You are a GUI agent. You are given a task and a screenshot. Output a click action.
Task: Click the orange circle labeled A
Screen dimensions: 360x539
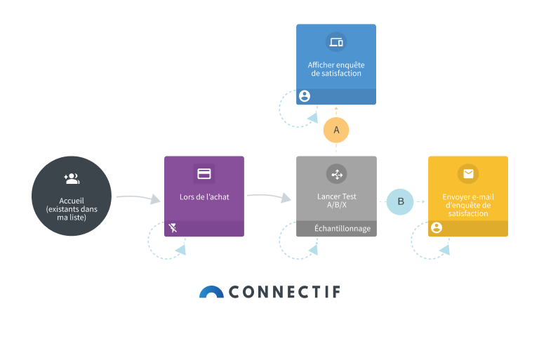pos(336,130)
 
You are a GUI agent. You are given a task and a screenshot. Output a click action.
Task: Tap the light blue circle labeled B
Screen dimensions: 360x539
pos(401,201)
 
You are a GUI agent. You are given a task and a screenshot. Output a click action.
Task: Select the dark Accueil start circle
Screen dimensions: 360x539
pos(72,196)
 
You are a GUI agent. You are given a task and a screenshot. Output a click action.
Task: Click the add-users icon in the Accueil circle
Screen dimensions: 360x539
pos(71,178)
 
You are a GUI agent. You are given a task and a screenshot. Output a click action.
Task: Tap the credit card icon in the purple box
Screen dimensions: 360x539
pos(204,173)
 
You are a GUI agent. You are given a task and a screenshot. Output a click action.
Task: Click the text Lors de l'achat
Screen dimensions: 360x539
pos(204,196)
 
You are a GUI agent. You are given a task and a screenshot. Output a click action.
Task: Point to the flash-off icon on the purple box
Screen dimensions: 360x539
pos(173,228)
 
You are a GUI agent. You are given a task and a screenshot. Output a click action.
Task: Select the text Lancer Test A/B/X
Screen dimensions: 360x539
pos(336,201)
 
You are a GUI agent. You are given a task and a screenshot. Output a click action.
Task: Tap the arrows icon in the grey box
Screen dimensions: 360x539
pos(336,173)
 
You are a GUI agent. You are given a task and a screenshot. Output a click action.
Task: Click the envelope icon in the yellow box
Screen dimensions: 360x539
pos(467,173)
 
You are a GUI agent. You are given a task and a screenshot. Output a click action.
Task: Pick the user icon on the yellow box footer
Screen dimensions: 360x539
pos(437,227)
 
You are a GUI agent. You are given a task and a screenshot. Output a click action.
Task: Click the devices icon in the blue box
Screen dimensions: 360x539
pos(336,41)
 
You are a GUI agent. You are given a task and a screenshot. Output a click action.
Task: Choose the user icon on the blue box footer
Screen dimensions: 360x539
pos(305,96)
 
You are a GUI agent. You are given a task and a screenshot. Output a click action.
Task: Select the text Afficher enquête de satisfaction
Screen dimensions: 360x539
pos(336,69)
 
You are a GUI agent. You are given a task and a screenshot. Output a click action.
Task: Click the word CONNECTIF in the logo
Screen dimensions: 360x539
pos(284,292)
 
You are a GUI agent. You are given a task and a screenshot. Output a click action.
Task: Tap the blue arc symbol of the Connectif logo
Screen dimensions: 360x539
pos(211,292)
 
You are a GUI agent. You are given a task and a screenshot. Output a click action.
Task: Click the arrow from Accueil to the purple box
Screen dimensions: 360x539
pos(138,198)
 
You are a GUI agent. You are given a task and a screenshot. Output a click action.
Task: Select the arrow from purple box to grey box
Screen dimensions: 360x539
pos(269,197)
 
